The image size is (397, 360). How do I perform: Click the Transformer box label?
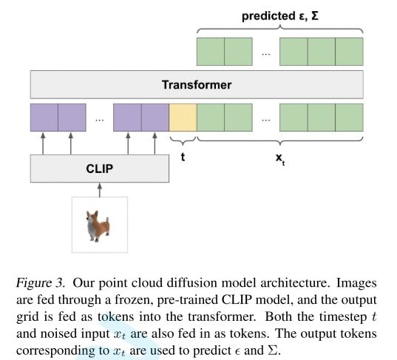(x=197, y=85)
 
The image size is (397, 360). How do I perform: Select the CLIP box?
(x=100, y=169)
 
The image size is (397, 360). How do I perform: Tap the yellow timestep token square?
(x=183, y=118)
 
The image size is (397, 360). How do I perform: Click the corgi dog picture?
(x=98, y=225)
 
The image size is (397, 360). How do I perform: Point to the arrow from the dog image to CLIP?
(x=100, y=190)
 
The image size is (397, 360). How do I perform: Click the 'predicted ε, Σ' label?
(x=280, y=16)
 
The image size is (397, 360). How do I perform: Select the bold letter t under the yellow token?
(x=183, y=157)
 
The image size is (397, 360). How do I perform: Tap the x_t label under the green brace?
(x=279, y=159)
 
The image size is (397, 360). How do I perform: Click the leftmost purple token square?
(x=44, y=118)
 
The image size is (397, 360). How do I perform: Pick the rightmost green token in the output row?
(x=349, y=52)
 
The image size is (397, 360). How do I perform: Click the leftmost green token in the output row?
(x=211, y=52)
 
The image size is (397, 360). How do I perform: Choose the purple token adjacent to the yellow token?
(x=155, y=118)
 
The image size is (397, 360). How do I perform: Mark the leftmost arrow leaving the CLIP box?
(x=43, y=143)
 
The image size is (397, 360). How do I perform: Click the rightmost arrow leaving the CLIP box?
(x=155, y=143)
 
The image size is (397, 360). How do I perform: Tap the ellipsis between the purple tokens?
(x=100, y=120)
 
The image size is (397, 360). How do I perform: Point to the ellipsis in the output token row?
(x=266, y=54)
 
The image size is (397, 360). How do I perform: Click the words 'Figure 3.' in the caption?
(x=41, y=283)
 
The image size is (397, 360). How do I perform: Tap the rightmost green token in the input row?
(x=349, y=118)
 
